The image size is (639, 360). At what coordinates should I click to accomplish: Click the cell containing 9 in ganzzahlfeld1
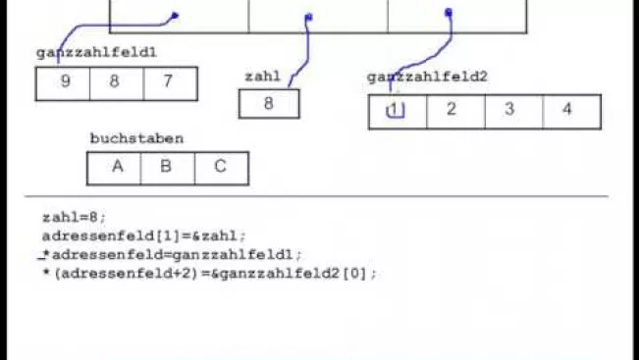pos(63,83)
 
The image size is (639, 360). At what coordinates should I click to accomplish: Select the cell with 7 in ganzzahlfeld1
pos(171,83)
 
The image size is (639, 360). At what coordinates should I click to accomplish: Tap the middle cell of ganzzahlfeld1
pos(117,83)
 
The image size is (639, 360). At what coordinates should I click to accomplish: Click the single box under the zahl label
pos(269,104)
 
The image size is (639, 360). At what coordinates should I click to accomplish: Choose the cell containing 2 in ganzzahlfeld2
pos(456,112)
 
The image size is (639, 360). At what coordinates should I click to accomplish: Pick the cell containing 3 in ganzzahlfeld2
pos(514,112)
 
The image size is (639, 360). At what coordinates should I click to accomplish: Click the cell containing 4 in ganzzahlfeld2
pos(572,112)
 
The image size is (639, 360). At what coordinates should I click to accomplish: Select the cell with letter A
pos(114,168)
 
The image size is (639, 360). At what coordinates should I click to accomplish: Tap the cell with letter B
pos(168,168)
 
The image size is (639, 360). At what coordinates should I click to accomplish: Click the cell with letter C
pos(222,168)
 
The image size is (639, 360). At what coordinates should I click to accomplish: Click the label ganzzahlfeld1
pos(96,53)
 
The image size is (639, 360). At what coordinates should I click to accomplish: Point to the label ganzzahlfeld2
pos(427,77)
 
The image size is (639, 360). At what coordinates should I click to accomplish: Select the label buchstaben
pos(136,138)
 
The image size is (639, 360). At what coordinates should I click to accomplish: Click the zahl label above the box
pos(263,77)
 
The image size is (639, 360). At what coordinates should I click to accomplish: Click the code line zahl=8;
pos(75,218)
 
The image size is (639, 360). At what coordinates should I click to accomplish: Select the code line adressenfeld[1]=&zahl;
pos(144,236)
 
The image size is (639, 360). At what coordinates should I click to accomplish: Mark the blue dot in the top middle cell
pos(308,17)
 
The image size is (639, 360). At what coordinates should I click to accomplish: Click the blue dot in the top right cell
pos(449,13)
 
